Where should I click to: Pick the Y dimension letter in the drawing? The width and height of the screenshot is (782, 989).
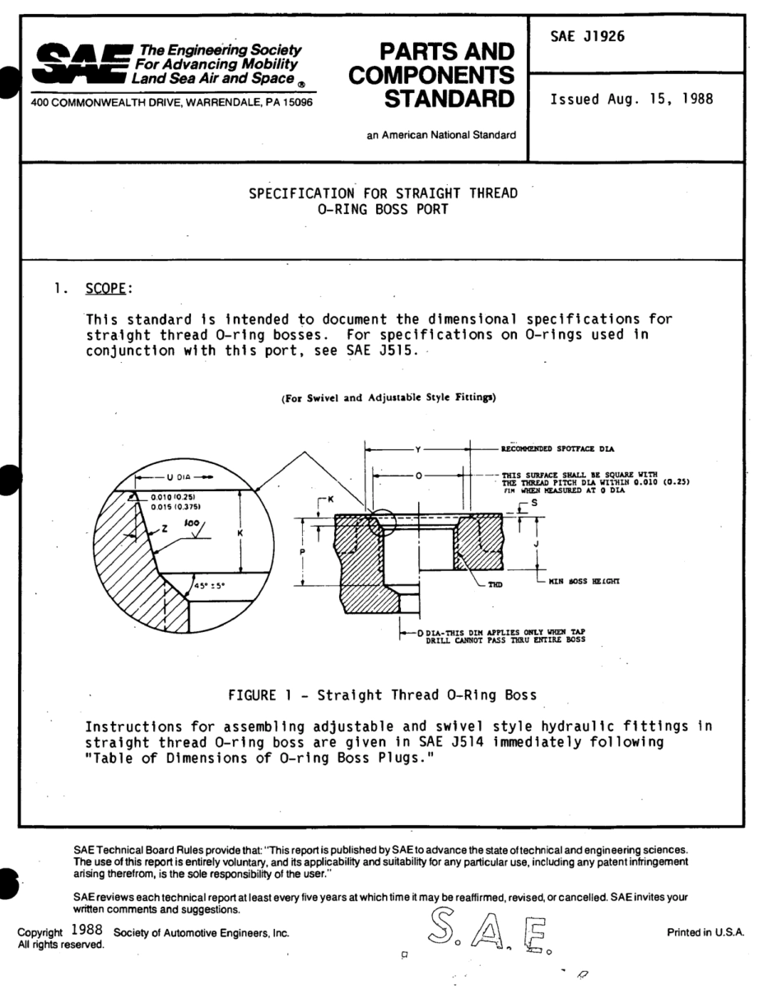(x=419, y=450)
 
